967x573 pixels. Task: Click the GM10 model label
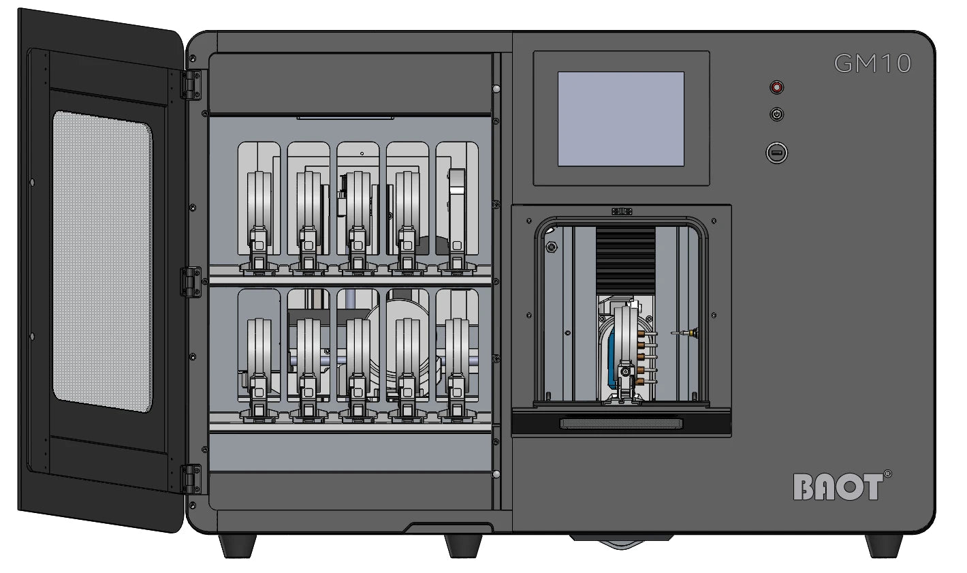[x=872, y=63]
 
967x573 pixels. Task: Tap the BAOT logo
[x=838, y=486]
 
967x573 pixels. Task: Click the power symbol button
[x=776, y=114]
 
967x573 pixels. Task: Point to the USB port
[x=776, y=153]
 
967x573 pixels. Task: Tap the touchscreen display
[x=621, y=119]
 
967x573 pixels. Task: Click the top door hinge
[x=191, y=85]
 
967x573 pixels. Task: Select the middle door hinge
[x=191, y=282]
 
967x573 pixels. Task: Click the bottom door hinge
[x=191, y=479]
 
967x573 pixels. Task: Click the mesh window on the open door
[x=102, y=261]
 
